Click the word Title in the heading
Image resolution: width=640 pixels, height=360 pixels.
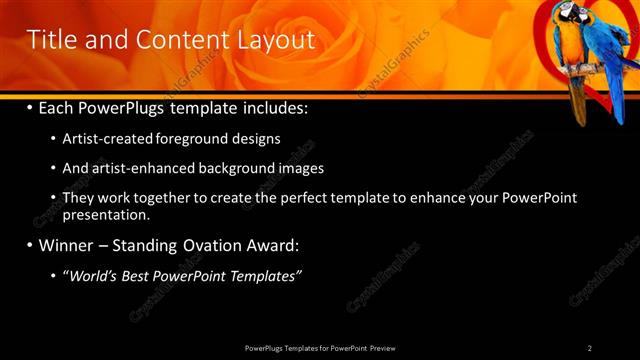pos(50,40)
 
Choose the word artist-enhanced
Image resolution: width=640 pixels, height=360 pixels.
pos(145,168)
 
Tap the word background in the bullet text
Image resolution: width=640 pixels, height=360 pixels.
pos(242,168)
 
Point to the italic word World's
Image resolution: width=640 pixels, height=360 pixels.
pos(92,275)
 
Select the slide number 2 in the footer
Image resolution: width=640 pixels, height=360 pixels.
pos(589,348)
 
